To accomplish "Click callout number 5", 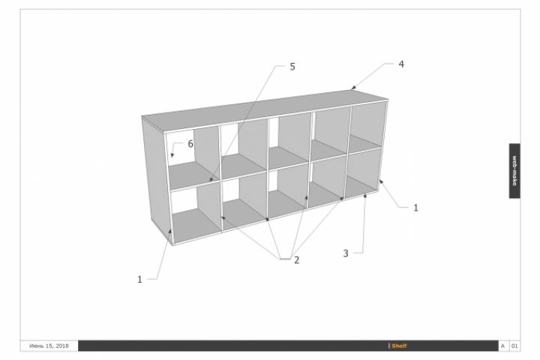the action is coord(292,67).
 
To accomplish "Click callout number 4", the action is coord(401,64).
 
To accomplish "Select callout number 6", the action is coord(190,144).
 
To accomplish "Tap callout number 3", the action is coord(346,253).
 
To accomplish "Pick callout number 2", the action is coord(296,260).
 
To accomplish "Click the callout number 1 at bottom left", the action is coord(139,280).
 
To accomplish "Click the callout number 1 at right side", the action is coord(415,208).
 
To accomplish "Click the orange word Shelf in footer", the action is coord(399,346).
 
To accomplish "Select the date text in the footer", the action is coord(49,346).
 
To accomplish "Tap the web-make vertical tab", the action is coord(514,171).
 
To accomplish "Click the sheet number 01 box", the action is coord(514,346).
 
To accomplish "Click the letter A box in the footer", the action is coord(502,346).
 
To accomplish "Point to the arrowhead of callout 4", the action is coord(352,88).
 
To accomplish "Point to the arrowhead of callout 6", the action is coord(172,156).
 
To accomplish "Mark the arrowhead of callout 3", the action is coord(365,195).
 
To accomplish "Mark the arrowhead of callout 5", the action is coord(211,179).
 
